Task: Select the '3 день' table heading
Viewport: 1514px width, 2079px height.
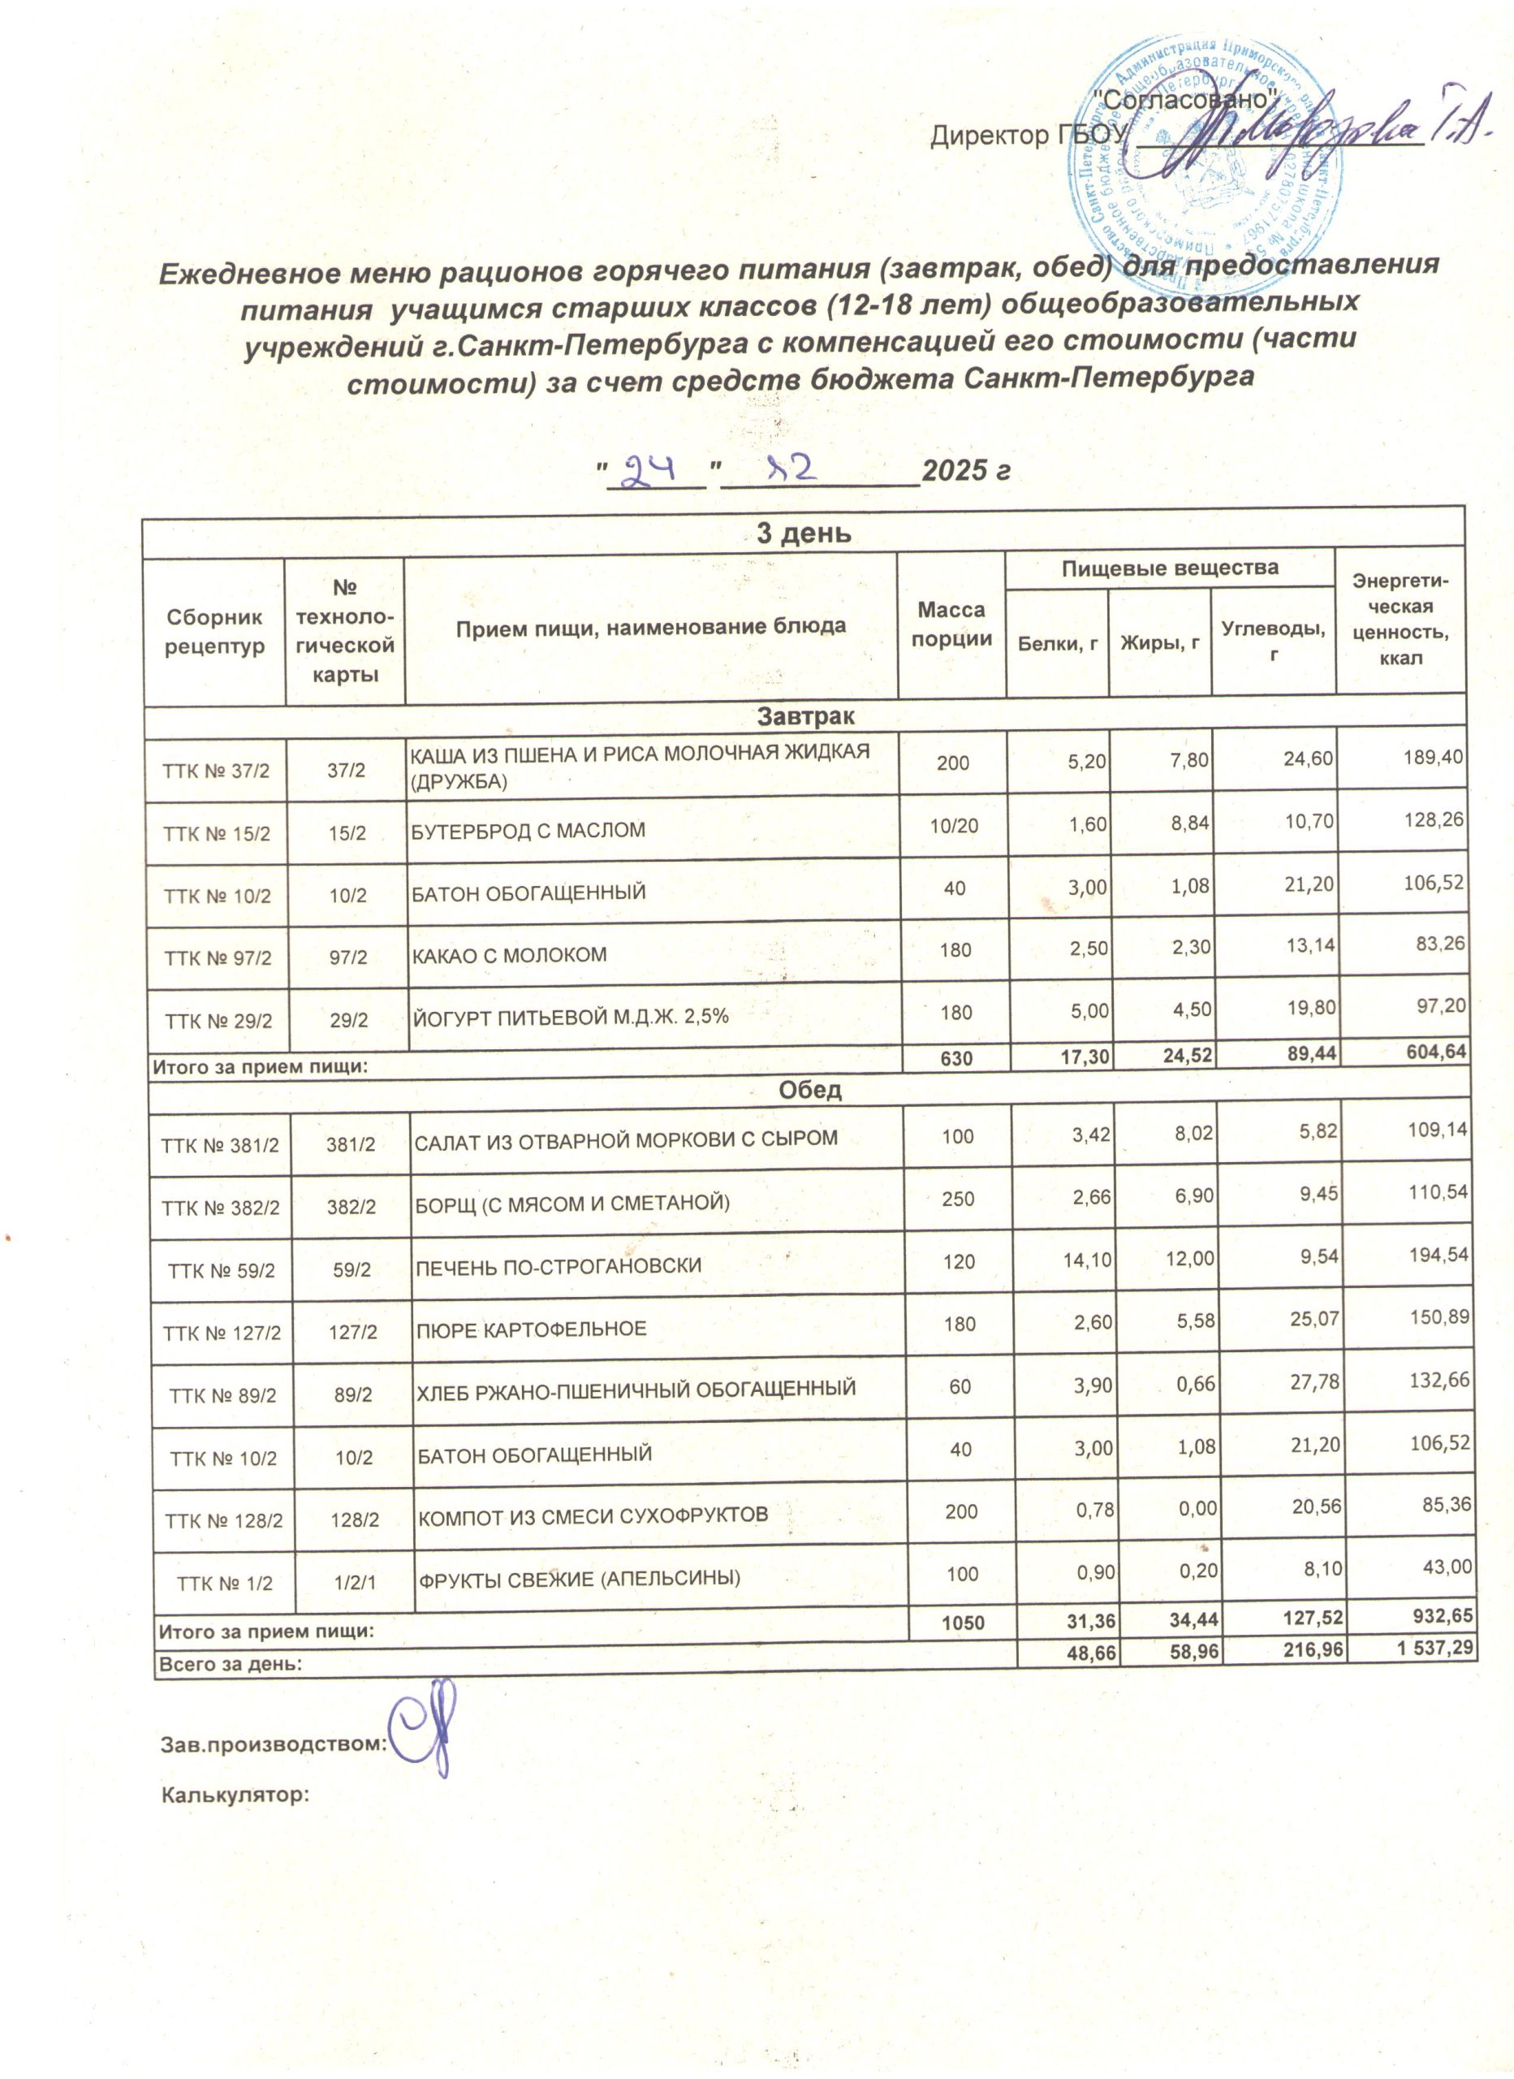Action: (804, 533)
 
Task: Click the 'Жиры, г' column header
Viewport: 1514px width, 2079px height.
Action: (1159, 643)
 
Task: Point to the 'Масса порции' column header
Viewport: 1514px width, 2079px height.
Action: (951, 625)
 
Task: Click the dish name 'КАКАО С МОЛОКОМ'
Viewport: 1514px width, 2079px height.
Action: (509, 955)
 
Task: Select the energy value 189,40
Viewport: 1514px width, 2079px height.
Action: (1434, 757)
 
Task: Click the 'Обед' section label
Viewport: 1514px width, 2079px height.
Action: (809, 1090)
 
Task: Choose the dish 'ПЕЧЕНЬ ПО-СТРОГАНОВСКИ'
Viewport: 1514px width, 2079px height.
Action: (559, 1266)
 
